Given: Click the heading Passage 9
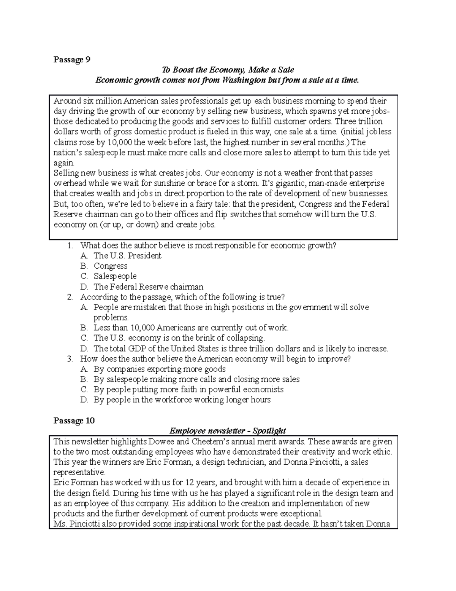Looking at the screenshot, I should click(72, 60).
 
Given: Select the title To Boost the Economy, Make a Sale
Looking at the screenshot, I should click(228, 70).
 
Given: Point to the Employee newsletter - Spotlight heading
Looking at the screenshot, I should click(227, 431).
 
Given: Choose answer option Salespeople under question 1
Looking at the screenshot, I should click(115, 276).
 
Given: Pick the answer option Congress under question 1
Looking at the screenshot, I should click(111, 266).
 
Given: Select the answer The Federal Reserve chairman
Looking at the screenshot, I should click(149, 287).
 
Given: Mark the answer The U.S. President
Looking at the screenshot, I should click(127, 256).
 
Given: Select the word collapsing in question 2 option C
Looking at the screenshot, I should click(245, 338).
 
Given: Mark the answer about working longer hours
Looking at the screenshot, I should click(182, 400).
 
